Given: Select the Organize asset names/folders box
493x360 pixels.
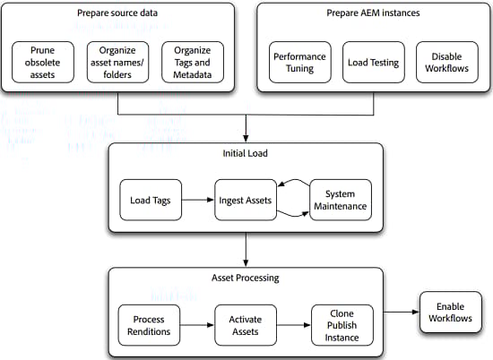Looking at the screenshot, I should coord(119,62).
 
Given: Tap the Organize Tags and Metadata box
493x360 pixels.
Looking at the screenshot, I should coord(193,62).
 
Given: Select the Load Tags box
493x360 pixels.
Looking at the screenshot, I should coord(151,200).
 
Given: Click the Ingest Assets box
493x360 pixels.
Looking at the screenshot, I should coord(246,200).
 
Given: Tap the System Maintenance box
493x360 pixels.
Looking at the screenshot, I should coord(340,200).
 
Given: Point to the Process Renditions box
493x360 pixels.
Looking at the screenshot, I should coord(150,325).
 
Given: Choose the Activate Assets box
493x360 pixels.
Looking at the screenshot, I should coord(246,325).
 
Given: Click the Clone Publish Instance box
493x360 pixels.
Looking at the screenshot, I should coord(341,325).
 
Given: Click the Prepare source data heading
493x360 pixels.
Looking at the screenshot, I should coord(118,14).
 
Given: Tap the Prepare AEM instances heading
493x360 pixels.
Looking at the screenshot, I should coord(374,14).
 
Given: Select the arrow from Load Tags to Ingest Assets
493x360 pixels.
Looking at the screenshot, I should coord(197,200).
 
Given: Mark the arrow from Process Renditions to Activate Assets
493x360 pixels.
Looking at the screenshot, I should coord(197,325).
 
